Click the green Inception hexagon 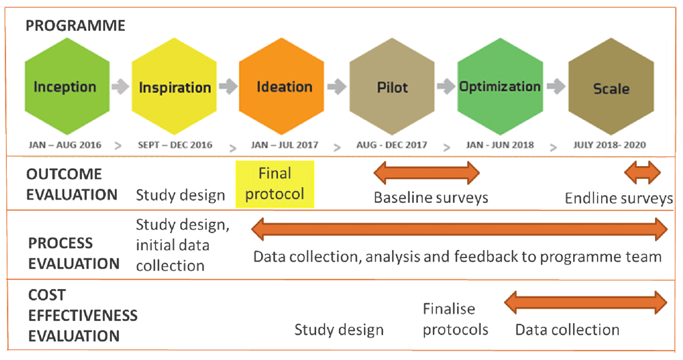[x=66, y=87]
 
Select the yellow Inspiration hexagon [x=175, y=87]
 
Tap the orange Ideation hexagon [x=284, y=87]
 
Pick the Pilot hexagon [x=393, y=88]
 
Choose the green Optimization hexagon [x=500, y=87]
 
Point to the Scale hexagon [x=611, y=88]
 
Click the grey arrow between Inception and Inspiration [x=120, y=87]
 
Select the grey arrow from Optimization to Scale [x=555, y=87]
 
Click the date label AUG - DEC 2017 [x=392, y=145]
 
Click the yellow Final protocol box [x=275, y=184]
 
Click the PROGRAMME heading [x=75, y=26]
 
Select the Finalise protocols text [x=456, y=320]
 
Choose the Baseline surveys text [x=431, y=198]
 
